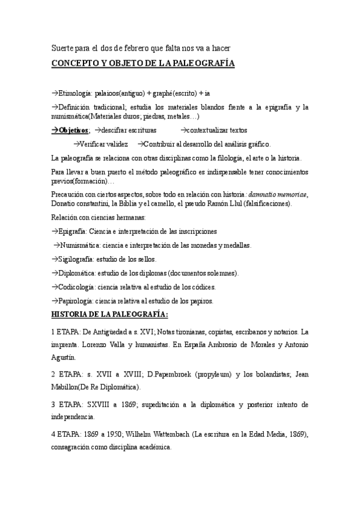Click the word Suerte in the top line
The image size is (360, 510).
(x=61, y=48)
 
